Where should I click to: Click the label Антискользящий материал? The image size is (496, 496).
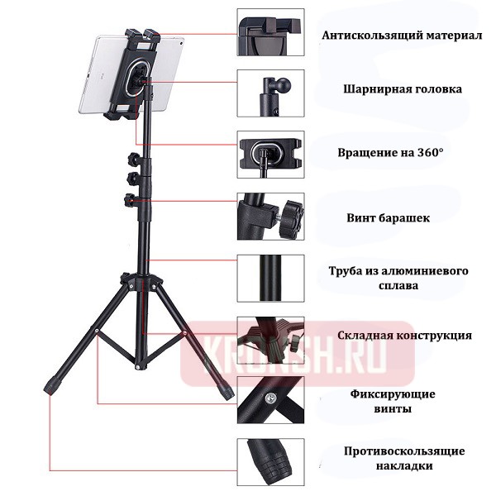[x=401, y=36]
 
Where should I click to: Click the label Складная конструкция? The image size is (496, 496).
[x=405, y=336]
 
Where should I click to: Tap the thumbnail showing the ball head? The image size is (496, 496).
[x=269, y=94]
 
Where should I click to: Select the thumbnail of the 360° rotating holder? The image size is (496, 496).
[x=269, y=154]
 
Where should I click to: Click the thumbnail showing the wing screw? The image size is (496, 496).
[x=269, y=217]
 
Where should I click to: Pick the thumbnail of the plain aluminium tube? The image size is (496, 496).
[x=269, y=279]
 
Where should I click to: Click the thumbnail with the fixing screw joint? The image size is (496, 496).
[x=269, y=403]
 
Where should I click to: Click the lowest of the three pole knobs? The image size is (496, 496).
[x=129, y=200]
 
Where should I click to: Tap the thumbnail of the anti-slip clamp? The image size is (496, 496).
[x=269, y=32]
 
